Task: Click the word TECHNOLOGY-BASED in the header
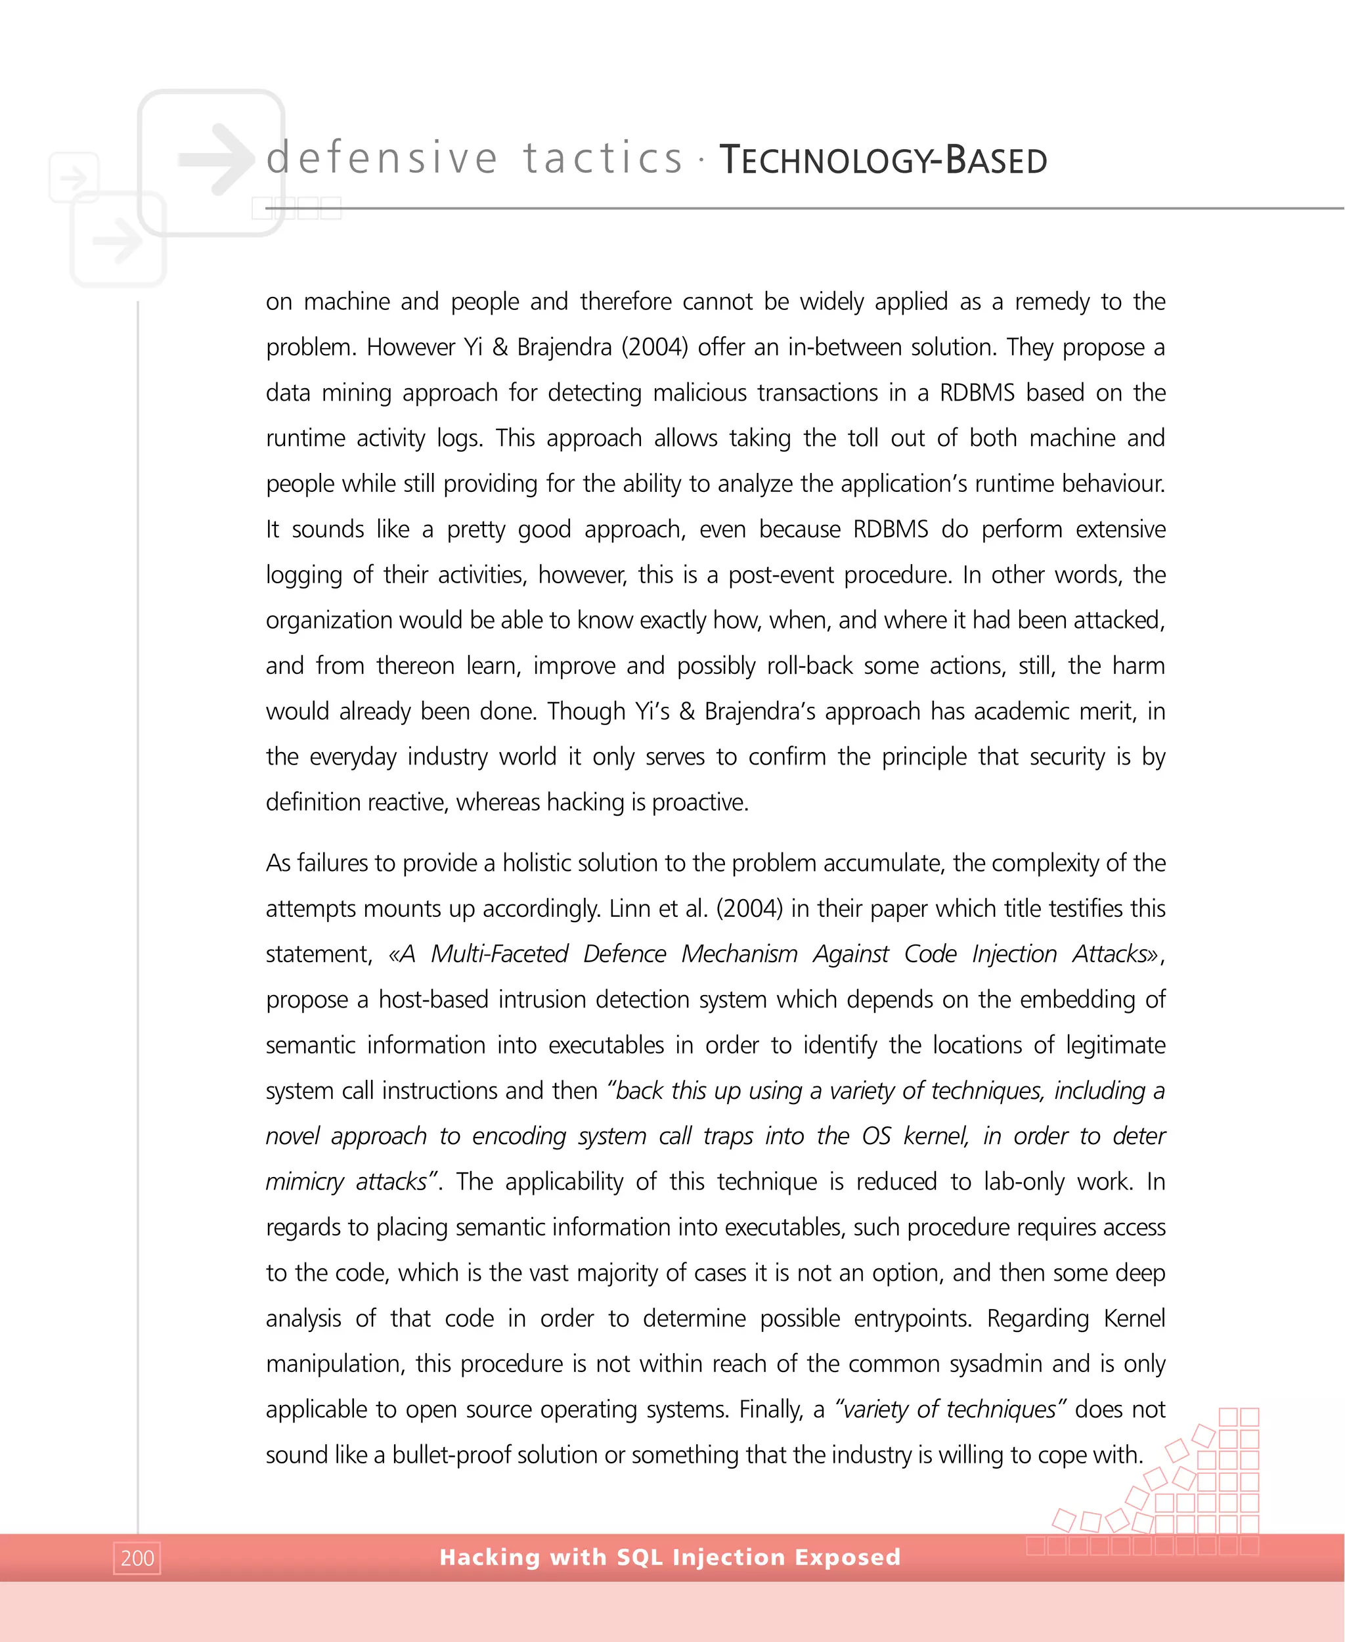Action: [x=883, y=160]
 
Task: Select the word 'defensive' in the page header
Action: [x=382, y=158]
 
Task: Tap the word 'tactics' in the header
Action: [x=603, y=158]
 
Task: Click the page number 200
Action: [x=137, y=1557]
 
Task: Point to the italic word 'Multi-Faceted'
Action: [x=499, y=954]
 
